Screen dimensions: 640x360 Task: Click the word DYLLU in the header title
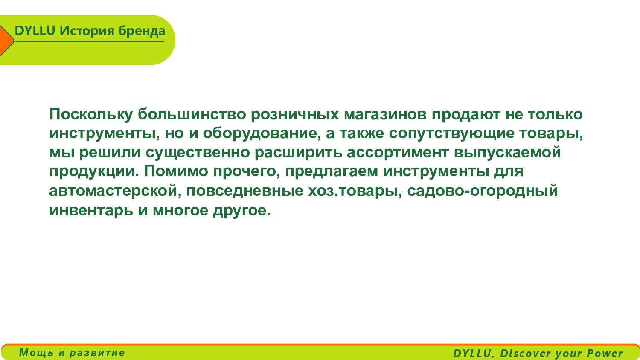coord(35,31)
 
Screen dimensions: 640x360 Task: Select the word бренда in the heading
coord(141,31)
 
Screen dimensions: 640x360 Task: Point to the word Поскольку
coord(91,115)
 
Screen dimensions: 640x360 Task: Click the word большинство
coord(192,114)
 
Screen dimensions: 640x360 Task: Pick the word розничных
coord(295,115)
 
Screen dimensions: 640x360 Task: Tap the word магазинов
coord(385,115)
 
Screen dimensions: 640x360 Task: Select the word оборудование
coord(262,134)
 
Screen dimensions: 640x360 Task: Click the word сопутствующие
coord(451,134)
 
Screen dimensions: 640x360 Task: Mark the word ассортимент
coord(397,153)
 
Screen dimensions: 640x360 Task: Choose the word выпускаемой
coord(507,152)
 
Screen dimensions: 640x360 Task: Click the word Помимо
coord(176,171)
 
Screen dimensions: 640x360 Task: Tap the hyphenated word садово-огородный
coord(482,191)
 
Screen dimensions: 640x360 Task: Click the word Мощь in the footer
coord(36,353)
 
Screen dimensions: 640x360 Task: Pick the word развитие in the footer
coord(97,353)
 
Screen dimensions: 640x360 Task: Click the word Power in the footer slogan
coord(605,354)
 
